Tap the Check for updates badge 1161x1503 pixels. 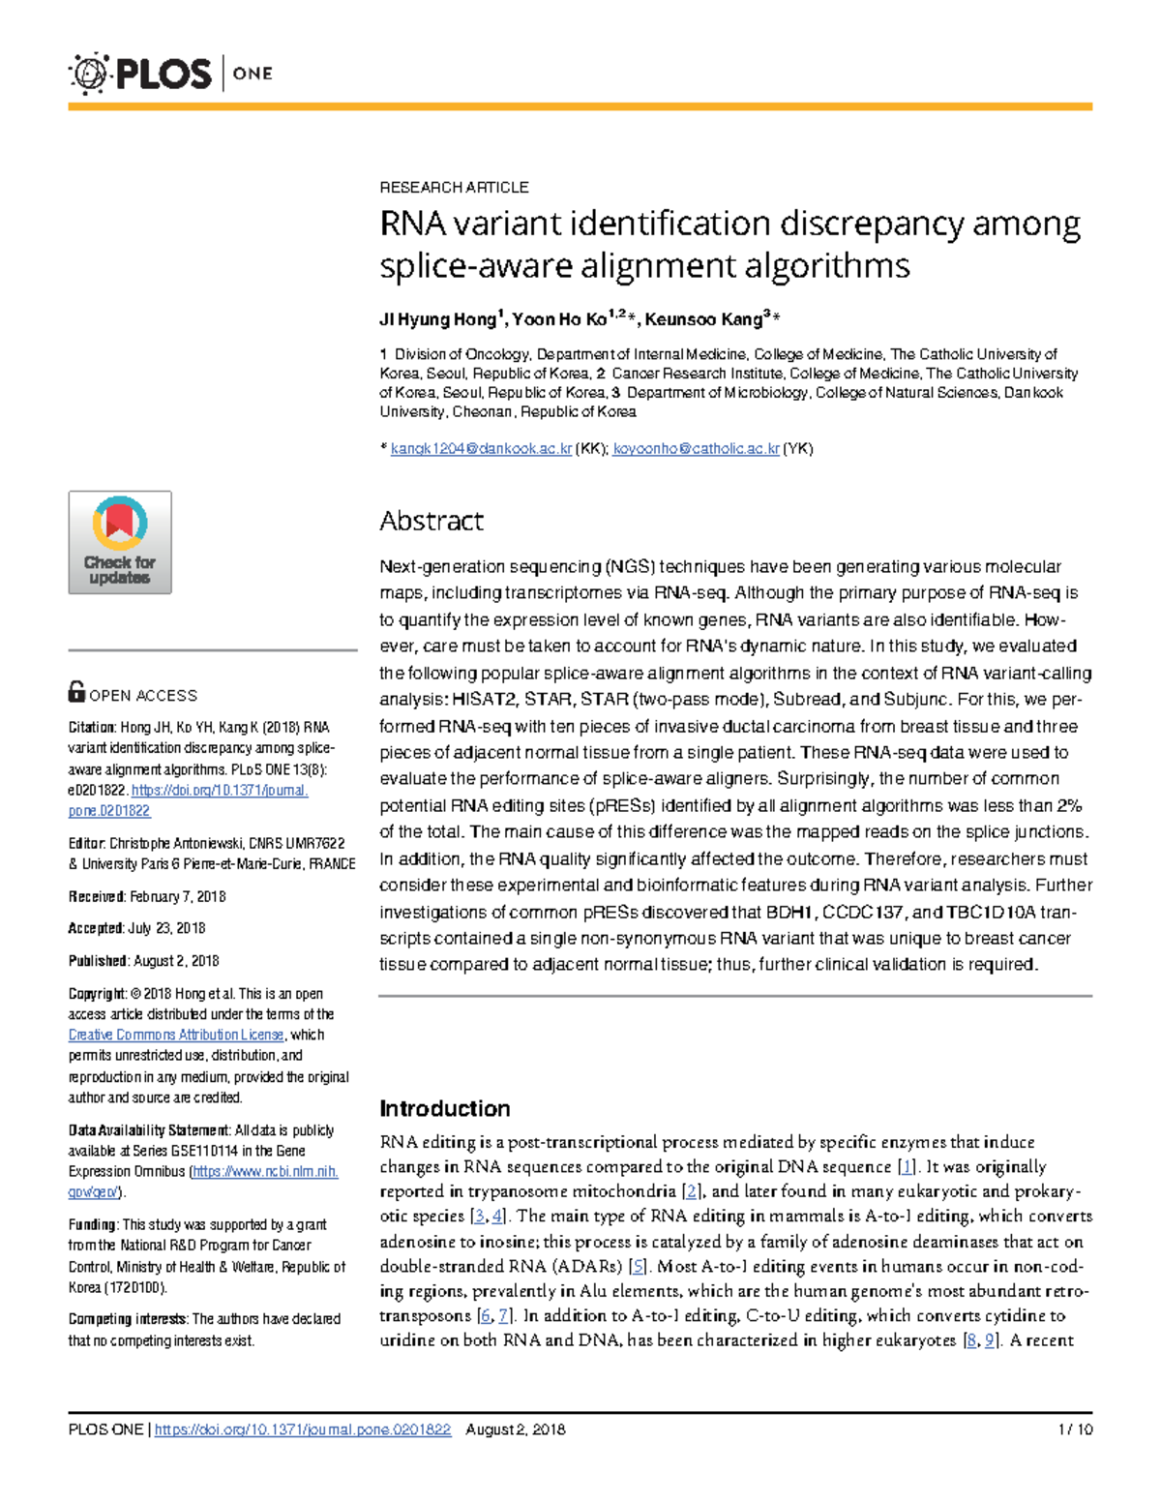click(x=120, y=542)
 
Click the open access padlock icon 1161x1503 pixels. click(x=76, y=692)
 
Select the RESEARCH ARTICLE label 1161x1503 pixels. click(x=454, y=187)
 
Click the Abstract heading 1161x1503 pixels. click(x=432, y=521)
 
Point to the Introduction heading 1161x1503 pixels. click(x=445, y=1108)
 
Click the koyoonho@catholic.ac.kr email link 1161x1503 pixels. click(x=696, y=449)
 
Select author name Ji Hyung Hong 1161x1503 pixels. click(x=437, y=319)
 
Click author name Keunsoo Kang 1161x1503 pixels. click(x=703, y=319)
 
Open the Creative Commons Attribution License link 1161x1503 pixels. click(x=176, y=1035)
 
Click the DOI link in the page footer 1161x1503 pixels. click(x=303, y=1429)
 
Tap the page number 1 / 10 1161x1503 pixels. click(x=1075, y=1429)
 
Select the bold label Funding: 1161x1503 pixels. click(x=93, y=1224)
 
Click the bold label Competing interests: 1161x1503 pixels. click(x=129, y=1319)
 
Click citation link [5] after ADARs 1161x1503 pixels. click(x=638, y=1266)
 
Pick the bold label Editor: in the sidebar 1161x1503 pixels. click(x=86, y=844)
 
